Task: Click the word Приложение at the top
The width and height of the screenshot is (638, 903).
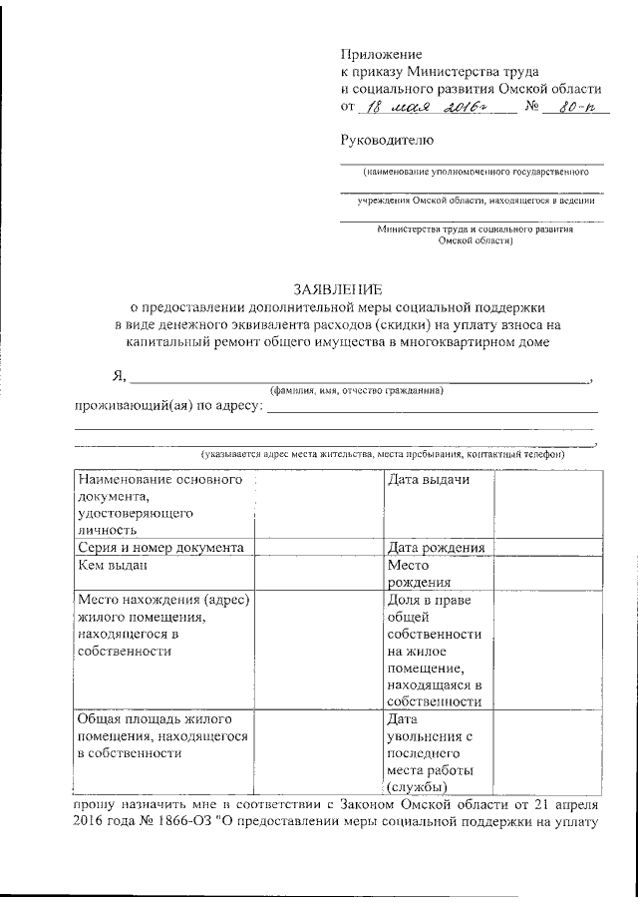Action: coord(382,53)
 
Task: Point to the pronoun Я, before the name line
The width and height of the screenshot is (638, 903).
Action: coord(119,376)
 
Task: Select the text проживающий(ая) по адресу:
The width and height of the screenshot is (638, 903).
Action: coord(168,406)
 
